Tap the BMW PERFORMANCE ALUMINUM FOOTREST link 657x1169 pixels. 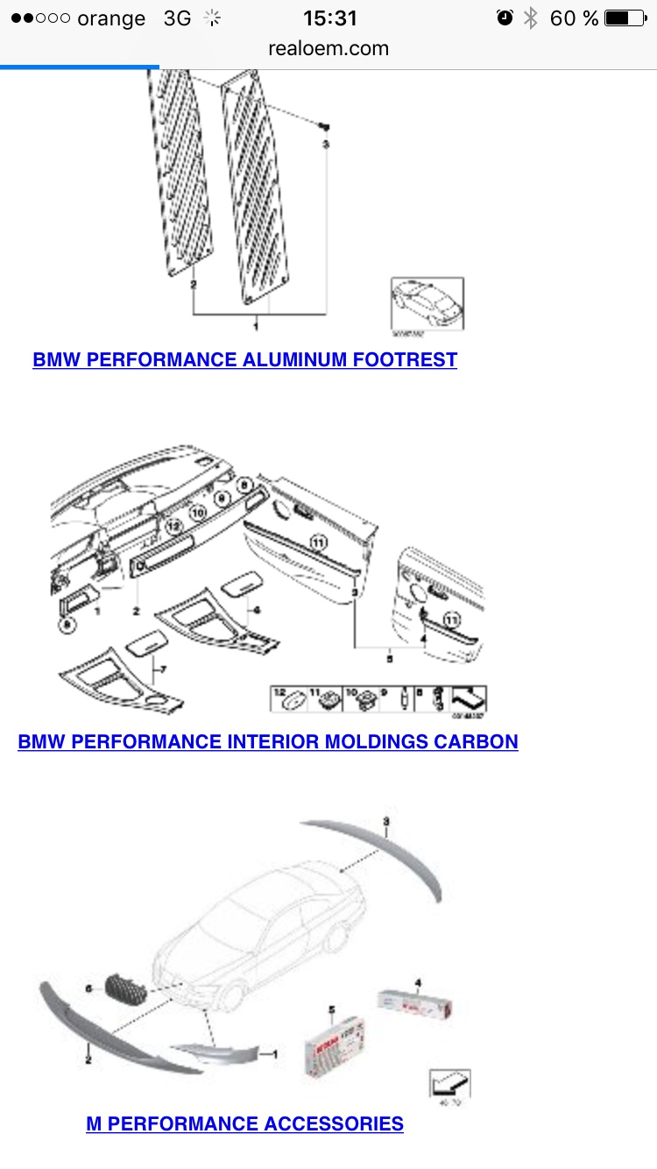coord(244,359)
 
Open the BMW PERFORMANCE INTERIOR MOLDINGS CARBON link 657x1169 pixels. coord(268,741)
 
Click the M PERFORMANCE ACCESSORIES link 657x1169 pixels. coord(244,1123)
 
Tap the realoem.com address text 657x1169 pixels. coord(328,48)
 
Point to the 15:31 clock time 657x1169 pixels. coord(329,18)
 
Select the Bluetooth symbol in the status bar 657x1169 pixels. coord(530,18)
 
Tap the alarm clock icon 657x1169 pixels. coord(505,18)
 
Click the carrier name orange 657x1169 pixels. coord(111,18)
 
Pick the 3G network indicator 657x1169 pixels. coord(177,18)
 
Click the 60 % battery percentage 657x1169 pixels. coord(574,18)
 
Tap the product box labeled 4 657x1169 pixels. coord(416,1004)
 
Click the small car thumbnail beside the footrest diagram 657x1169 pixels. coord(426,303)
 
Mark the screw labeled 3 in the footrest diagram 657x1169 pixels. coord(324,127)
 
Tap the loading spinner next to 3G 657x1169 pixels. coord(211,18)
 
